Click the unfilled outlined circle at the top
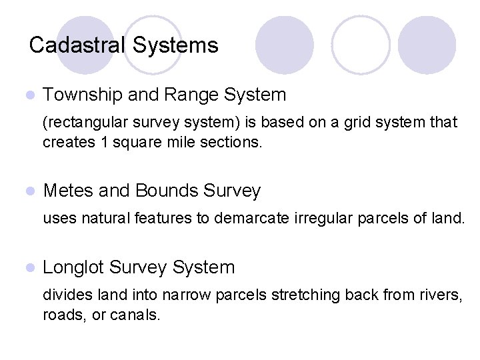pos(361,45)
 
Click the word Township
pos(83,95)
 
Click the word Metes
pos(69,191)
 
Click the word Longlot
pos(73,268)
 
